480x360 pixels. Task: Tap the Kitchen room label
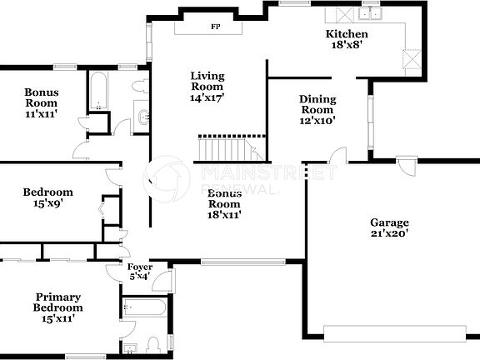(346, 34)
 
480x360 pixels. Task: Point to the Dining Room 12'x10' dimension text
(317, 121)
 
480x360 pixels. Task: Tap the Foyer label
(139, 267)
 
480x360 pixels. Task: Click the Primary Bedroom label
(58, 302)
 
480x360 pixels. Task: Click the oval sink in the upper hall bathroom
(142, 117)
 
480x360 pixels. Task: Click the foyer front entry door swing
(163, 281)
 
